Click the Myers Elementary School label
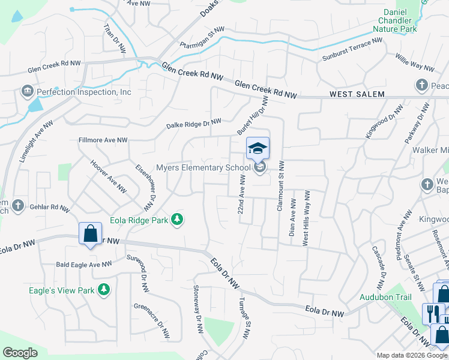coord(202,167)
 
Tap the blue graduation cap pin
coord(258,148)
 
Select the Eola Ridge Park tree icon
coord(177,220)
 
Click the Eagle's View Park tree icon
coord(104,290)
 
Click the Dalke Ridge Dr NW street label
coord(193,124)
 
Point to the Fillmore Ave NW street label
coord(103,140)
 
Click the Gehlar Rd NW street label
coord(52,207)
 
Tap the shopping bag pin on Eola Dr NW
coord(89,233)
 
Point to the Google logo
coord(20,353)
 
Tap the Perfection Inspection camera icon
coord(27,92)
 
